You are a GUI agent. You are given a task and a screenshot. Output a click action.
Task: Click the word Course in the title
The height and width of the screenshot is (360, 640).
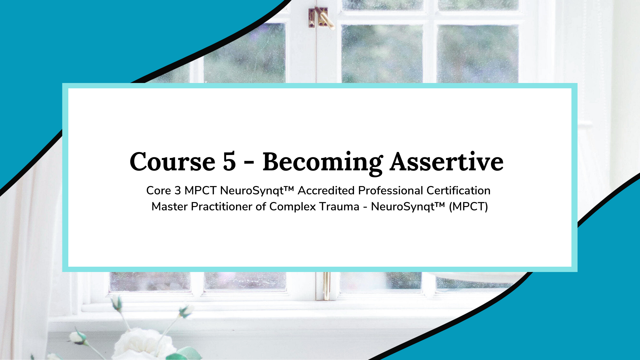pos(173,162)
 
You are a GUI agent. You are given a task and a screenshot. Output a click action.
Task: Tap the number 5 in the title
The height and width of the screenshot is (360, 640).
pos(229,162)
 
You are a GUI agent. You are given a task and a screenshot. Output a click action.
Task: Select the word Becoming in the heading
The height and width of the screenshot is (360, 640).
pos(323,163)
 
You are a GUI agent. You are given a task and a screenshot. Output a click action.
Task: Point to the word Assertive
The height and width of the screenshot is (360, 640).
pos(447,162)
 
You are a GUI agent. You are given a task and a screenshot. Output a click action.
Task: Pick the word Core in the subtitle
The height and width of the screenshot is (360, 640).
pos(159,191)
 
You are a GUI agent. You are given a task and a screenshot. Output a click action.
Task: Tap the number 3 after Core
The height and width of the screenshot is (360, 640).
pos(178,191)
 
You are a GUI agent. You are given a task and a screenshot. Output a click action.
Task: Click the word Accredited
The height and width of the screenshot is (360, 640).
pos(326,191)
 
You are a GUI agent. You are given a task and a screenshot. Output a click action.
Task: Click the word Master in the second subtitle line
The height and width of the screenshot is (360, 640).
pos(170,207)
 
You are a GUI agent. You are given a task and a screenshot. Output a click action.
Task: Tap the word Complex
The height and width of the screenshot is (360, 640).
pos(293,207)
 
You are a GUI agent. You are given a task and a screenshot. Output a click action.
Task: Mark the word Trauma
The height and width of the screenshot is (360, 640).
pos(339,207)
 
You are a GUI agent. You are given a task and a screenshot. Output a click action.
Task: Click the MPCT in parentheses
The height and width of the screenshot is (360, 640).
pos(468,207)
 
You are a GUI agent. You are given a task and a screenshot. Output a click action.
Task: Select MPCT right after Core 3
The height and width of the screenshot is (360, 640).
pos(200,191)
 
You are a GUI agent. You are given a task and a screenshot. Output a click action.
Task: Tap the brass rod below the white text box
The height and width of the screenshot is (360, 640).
pos(327,286)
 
